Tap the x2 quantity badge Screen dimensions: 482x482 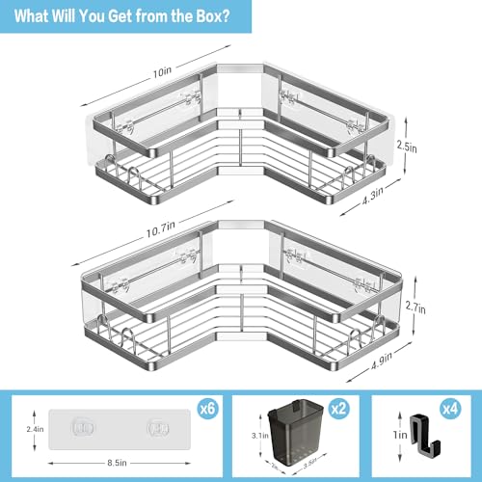[337, 408]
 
